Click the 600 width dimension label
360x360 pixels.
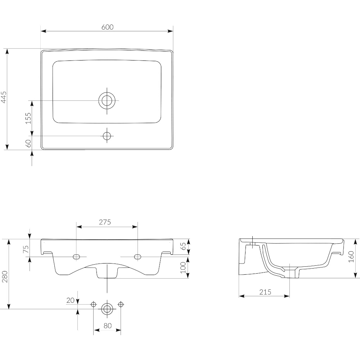click(107, 27)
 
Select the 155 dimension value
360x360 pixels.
click(28, 118)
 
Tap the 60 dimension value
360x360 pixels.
click(28, 144)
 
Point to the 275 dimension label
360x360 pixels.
click(105, 222)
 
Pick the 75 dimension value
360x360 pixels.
click(26, 249)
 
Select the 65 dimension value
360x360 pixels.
click(184, 246)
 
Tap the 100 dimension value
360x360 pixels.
click(183, 267)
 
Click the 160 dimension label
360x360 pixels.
click(351, 257)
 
